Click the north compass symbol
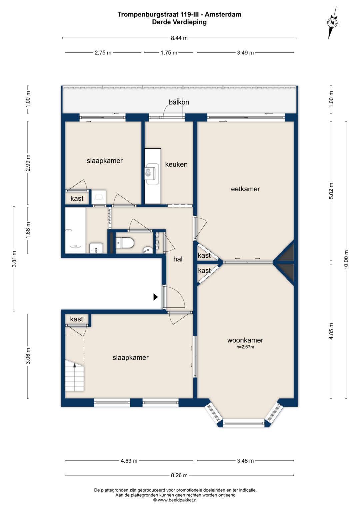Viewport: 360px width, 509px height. pos(333,23)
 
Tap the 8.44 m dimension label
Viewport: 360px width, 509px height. pos(179,38)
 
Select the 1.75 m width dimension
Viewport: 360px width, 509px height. pos(169,53)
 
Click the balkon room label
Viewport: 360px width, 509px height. pos(179,102)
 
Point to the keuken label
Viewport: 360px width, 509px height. pos(176,164)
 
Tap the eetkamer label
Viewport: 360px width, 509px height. pos(245,189)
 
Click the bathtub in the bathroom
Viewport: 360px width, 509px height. pos(75,230)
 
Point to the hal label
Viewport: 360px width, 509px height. pos(178,259)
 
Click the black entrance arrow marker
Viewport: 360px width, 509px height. pos(155,297)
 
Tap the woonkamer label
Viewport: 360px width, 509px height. pos(245,340)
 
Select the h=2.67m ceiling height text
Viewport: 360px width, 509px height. pos(245,347)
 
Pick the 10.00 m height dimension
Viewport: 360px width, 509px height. pos(346,259)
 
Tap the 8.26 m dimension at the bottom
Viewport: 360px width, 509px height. pos(179,475)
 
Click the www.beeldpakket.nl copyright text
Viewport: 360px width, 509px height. pos(175,500)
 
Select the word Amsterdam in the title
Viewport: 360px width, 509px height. pos(223,14)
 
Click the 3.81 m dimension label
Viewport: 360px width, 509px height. pos(14,259)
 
